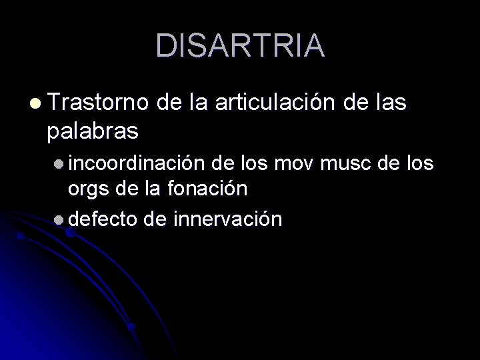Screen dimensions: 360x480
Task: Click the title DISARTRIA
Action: (240, 45)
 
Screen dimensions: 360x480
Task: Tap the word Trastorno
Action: (99, 103)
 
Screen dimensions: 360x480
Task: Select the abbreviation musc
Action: (343, 163)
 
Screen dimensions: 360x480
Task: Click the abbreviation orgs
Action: (88, 189)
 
